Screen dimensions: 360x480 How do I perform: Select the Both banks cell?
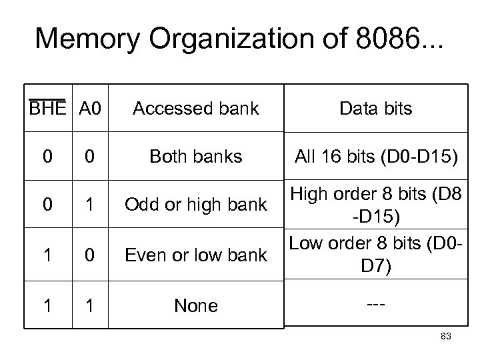(195, 157)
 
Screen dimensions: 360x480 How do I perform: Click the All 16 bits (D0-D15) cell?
(376, 157)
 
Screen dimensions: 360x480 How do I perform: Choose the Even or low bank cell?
(195, 255)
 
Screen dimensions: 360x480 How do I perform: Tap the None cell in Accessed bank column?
(195, 305)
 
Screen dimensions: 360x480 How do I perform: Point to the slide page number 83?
(446, 337)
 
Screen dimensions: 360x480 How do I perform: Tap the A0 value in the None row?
(89, 305)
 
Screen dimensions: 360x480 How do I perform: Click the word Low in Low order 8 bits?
(306, 243)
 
